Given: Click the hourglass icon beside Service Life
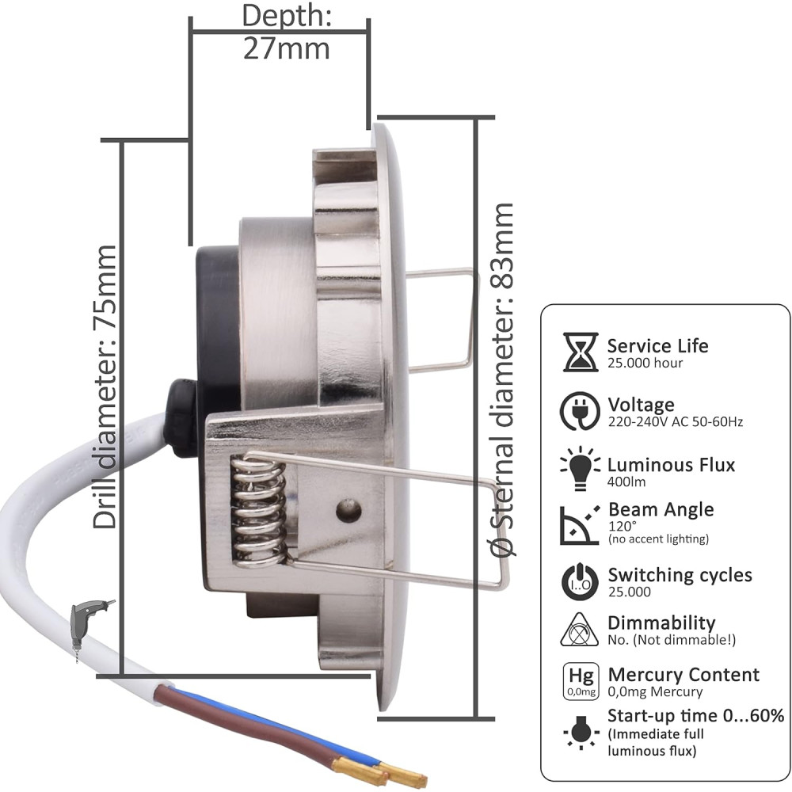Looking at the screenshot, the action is tap(581, 352).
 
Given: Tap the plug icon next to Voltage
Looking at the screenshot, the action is tap(580, 411).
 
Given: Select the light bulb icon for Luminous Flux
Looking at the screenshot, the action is tap(580, 468).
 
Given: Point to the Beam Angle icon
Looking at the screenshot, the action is tap(580, 525).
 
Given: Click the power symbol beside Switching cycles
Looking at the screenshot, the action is tap(580, 581).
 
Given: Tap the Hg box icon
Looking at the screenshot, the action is tap(581, 681).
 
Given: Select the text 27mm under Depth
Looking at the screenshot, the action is tap(287, 49).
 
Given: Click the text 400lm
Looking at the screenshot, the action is tap(626, 482).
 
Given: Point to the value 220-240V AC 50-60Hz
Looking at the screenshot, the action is tap(676, 421).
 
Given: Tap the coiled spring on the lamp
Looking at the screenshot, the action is tap(258, 511).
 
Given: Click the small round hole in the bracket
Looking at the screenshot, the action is tap(349, 511).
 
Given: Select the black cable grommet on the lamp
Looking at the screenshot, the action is tap(182, 418).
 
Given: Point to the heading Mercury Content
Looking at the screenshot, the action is tap(683, 674).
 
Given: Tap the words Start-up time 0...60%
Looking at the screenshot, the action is tap(695, 715).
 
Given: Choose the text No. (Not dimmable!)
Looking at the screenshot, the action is tap(672, 640).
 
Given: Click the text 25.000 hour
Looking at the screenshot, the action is tap(645, 363).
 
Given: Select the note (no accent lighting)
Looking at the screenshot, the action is tap(659, 539).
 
